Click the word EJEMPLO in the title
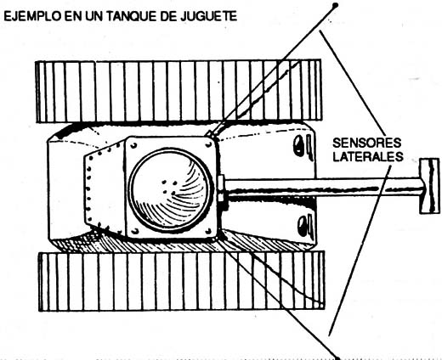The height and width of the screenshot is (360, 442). click(x=32, y=17)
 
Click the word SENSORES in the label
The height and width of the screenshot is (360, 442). click(x=366, y=143)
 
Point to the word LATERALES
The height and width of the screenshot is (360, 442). click(x=368, y=156)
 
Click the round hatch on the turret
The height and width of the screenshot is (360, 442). click(x=170, y=189)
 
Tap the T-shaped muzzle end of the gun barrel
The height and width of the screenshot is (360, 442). click(x=429, y=186)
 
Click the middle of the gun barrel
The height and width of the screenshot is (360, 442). click(x=323, y=188)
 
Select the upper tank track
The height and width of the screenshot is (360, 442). click(x=178, y=91)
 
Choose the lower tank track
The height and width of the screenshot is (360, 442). click(x=181, y=281)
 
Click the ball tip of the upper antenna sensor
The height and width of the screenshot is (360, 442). click(x=335, y=5)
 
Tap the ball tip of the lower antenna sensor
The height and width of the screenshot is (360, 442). click(x=337, y=357)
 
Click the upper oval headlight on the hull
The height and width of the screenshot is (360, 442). click(x=298, y=145)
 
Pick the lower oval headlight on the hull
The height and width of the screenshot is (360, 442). click(x=303, y=226)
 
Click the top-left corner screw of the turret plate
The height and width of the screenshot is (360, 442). click(x=133, y=146)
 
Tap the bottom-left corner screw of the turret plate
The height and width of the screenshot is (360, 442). click(x=135, y=231)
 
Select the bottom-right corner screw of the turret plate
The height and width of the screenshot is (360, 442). click(x=209, y=231)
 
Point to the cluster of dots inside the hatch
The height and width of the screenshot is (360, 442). click(x=169, y=187)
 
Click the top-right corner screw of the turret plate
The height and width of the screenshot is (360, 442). click(x=209, y=144)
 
